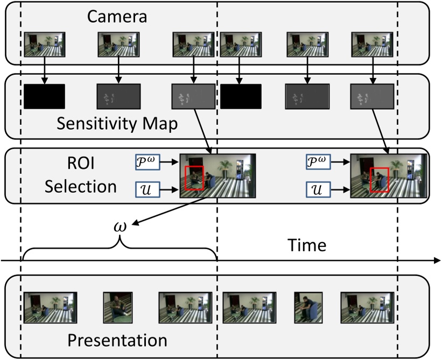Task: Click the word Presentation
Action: tap(117, 340)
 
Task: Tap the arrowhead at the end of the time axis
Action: tap(437, 261)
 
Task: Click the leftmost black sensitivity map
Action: tap(45, 96)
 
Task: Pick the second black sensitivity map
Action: tap(241, 96)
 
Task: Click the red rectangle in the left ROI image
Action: tap(194, 178)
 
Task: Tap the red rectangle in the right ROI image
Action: tap(380, 179)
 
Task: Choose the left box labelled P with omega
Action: tap(149, 161)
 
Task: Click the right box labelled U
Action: tap(319, 189)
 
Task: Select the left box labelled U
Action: tap(149, 189)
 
